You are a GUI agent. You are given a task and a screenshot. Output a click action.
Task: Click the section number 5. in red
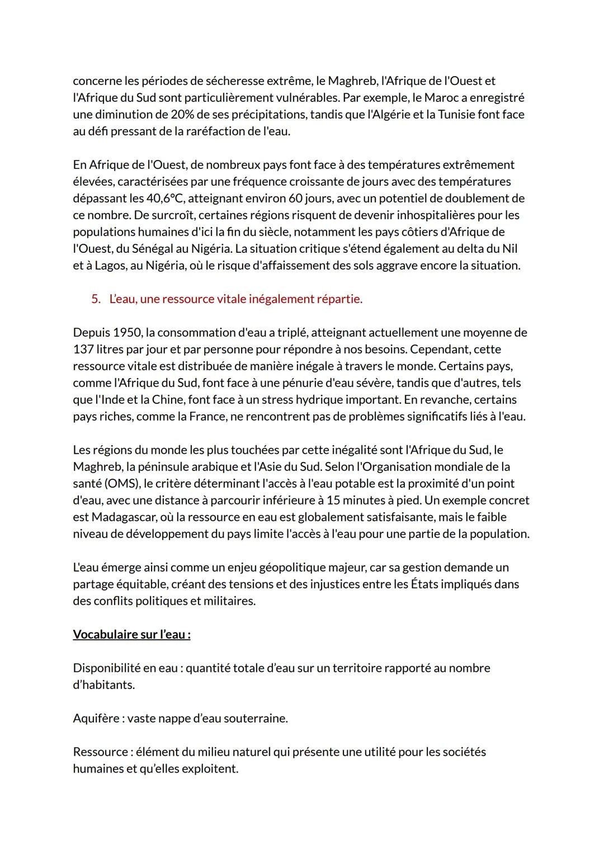96,299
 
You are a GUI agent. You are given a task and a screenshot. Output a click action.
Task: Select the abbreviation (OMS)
122,484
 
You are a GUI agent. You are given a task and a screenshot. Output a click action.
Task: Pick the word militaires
230,601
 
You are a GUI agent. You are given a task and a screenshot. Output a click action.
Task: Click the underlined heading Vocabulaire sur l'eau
131,635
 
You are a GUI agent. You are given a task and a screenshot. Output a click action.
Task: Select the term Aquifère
96,719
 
